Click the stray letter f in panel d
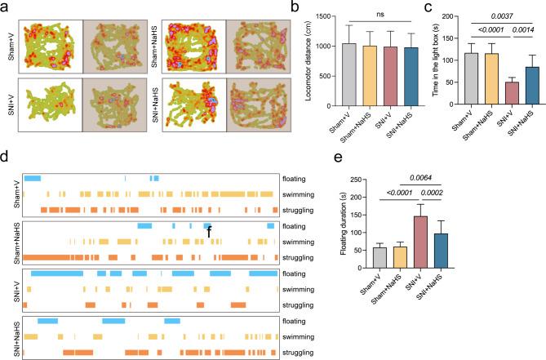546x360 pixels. point(209,231)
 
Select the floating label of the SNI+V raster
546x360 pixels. point(296,273)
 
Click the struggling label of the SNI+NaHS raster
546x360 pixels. point(300,352)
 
